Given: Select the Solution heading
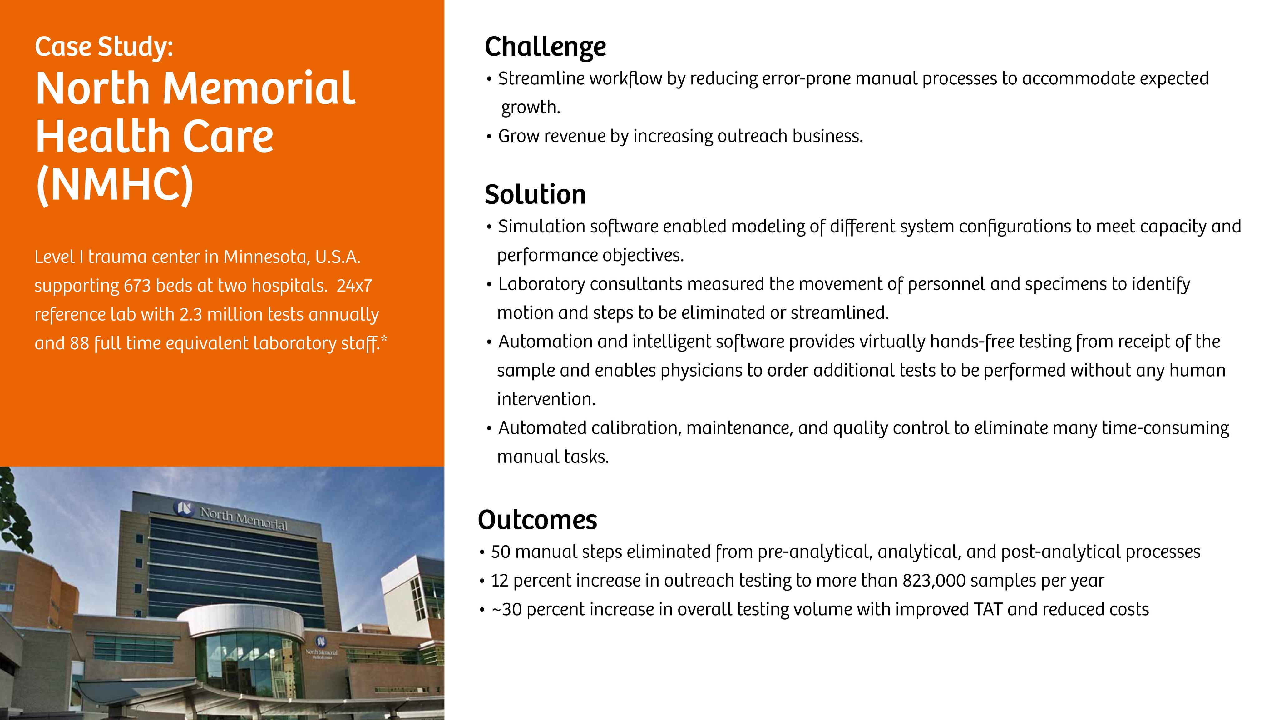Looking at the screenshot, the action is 535,194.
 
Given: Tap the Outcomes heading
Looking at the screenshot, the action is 537,520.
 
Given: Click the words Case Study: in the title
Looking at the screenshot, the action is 104,47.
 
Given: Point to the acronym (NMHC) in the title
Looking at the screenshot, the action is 115,184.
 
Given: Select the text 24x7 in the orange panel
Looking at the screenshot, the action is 354,286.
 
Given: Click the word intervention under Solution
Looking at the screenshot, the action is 546,399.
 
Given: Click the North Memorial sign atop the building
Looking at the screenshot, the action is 243,518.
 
